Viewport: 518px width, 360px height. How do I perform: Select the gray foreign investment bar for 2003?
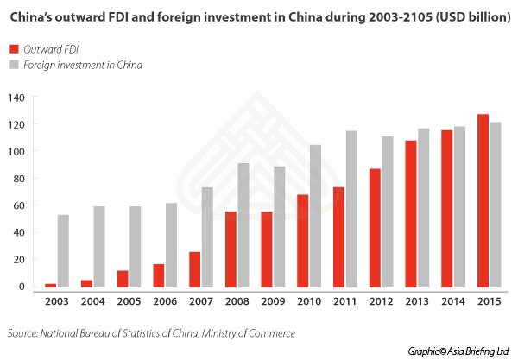(x=63, y=254)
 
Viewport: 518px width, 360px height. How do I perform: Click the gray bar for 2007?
(x=207, y=240)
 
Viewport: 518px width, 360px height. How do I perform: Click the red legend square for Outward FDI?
(x=14, y=48)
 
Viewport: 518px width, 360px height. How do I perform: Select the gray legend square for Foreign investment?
(x=14, y=65)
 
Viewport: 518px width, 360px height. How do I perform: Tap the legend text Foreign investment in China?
(x=84, y=65)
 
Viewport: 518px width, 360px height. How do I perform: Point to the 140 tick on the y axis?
(x=16, y=98)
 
